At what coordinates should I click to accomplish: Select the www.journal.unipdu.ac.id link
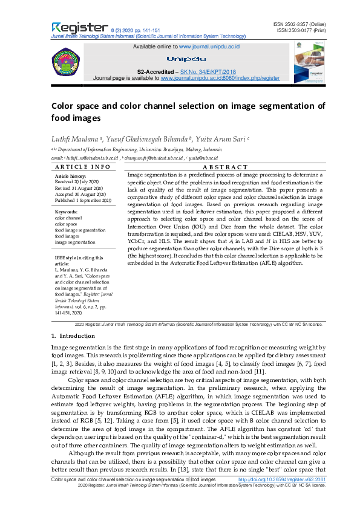coord(210,46)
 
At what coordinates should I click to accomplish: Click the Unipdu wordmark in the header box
coord(186,59)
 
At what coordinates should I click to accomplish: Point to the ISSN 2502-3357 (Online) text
coord(300,24)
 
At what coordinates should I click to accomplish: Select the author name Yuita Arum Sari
coord(222,138)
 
